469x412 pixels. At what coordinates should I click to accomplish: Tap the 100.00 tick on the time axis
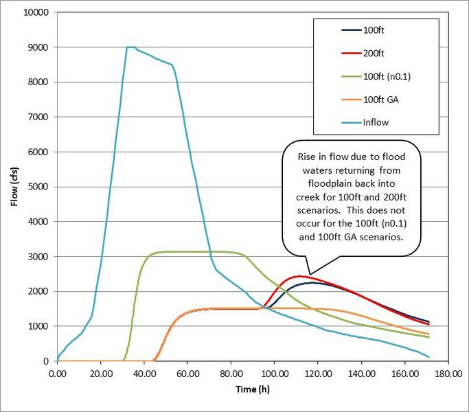(x=274, y=374)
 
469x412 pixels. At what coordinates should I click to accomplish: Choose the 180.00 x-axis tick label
(x=447, y=374)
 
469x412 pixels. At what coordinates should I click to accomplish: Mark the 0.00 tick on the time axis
(x=58, y=374)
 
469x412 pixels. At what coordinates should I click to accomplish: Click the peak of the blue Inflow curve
(x=130, y=47)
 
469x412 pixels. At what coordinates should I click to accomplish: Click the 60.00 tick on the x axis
(x=187, y=374)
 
